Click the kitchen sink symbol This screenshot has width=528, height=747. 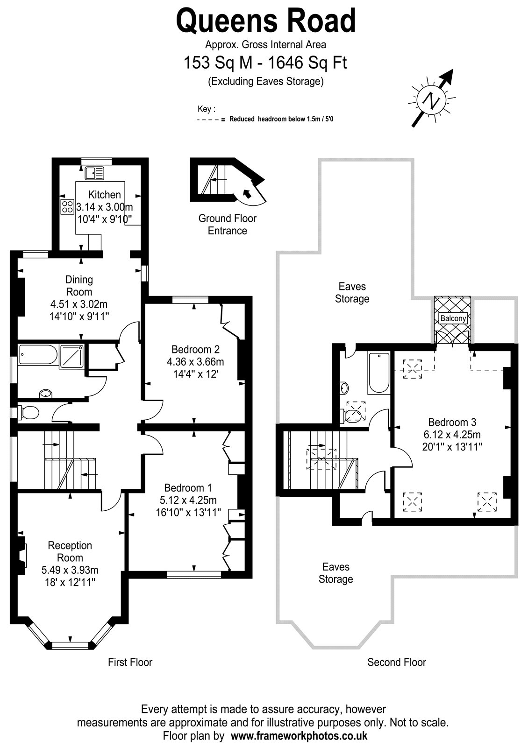pos(94,173)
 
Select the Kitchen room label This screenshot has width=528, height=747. pos(105,194)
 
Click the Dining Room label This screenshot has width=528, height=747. pos(79,285)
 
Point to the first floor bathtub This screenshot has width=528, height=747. pos(38,354)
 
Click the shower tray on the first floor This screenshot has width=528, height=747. pos(71,357)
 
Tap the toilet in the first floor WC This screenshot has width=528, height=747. pos(28,413)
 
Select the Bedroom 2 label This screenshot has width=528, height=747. pos(196,349)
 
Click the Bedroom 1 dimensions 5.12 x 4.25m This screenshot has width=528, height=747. pos(188,500)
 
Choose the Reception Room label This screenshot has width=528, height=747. pos(70,551)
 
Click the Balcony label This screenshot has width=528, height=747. pos(453,318)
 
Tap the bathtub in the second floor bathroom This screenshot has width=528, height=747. pos(379,373)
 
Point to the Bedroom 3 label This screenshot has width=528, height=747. pos(452,422)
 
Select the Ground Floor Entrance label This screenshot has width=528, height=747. pos(228,225)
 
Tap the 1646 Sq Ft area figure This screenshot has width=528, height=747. pos(308,63)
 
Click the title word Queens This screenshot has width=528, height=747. pos(227,21)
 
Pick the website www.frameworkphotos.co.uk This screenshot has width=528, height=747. pos(299,736)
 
